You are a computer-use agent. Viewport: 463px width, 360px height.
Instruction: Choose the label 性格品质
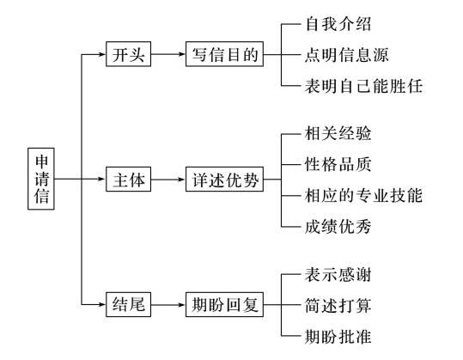coord(338,164)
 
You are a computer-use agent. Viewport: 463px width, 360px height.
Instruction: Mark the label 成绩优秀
coord(338,227)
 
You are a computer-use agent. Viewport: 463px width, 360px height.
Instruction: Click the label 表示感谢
coord(338,274)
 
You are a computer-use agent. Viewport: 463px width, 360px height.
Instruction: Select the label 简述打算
coord(338,305)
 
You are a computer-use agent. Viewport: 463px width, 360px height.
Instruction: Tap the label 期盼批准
coord(338,336)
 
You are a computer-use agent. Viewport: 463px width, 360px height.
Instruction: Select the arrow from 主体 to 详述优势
coord(169,180)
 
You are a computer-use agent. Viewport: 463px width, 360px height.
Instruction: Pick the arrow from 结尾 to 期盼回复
coord(169,305)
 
